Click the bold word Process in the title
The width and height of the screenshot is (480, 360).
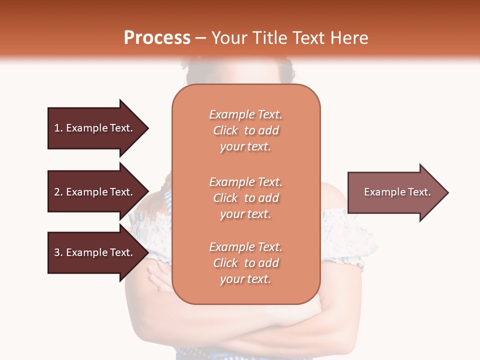[157, 38]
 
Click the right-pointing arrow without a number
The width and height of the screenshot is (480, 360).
[395, 192]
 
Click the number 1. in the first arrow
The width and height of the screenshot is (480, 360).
[58, 128]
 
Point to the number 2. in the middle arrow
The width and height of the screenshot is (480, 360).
[58, 192]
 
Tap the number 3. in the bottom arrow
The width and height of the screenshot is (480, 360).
[58, 252]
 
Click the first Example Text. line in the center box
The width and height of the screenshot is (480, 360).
[245, 114]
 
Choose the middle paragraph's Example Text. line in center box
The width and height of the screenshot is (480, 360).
[245, 182]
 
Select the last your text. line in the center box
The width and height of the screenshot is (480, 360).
[245, 279]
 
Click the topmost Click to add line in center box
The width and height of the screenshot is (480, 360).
[245, 130]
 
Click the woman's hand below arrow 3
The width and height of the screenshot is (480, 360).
[159, 278]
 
